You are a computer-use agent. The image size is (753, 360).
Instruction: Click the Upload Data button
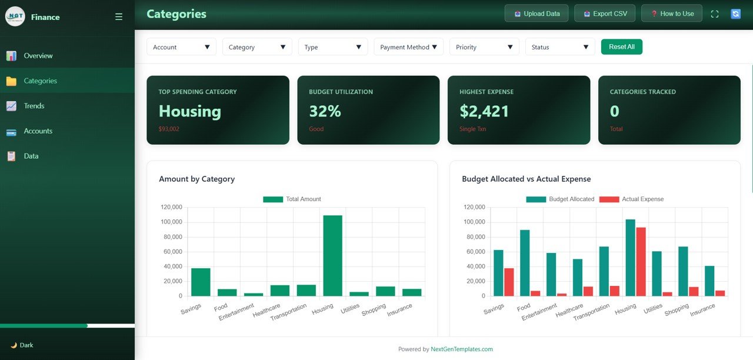tap(536, 14)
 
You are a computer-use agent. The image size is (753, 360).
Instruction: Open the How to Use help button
tap(671, 14)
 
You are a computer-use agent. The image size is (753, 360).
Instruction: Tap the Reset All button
tap(621, 47)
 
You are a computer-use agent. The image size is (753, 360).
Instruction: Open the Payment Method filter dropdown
tap(408, 47)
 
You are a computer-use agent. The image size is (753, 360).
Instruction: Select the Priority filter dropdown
tap(484, 47)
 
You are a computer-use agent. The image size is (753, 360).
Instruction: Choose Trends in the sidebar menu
tap(34, 106)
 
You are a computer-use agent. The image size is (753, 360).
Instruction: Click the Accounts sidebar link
tap(38, 131)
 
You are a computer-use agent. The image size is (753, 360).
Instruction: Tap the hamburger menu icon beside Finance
tap(119, 17)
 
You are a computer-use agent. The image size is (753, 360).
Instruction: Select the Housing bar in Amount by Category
tap(332, 256)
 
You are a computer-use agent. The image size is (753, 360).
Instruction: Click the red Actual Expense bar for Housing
tap(641, 262)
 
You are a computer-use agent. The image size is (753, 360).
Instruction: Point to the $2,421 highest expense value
tap(484, 111)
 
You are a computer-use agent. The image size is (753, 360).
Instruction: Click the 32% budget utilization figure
tap(325, 111)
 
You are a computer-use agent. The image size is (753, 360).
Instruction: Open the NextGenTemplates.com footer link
tap(461, 349)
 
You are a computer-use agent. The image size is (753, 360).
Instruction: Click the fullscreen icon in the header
tap(715, 14)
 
